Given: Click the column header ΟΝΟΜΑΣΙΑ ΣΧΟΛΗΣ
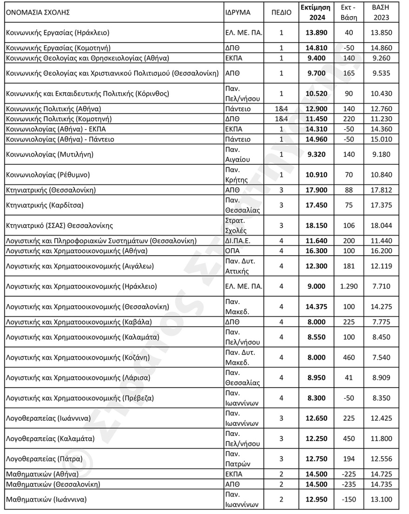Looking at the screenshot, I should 38,13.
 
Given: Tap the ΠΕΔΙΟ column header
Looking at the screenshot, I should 281,13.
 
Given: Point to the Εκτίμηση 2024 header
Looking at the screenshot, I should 315,13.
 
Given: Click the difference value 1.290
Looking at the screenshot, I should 349,286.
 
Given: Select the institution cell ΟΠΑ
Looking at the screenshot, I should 231,251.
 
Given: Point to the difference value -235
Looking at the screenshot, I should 349,484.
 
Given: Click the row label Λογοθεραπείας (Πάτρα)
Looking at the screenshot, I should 44,459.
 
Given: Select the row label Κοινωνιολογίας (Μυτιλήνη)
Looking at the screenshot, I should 49,154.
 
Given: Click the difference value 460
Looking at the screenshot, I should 349,357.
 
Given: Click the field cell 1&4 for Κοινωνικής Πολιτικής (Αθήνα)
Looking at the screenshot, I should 281,109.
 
